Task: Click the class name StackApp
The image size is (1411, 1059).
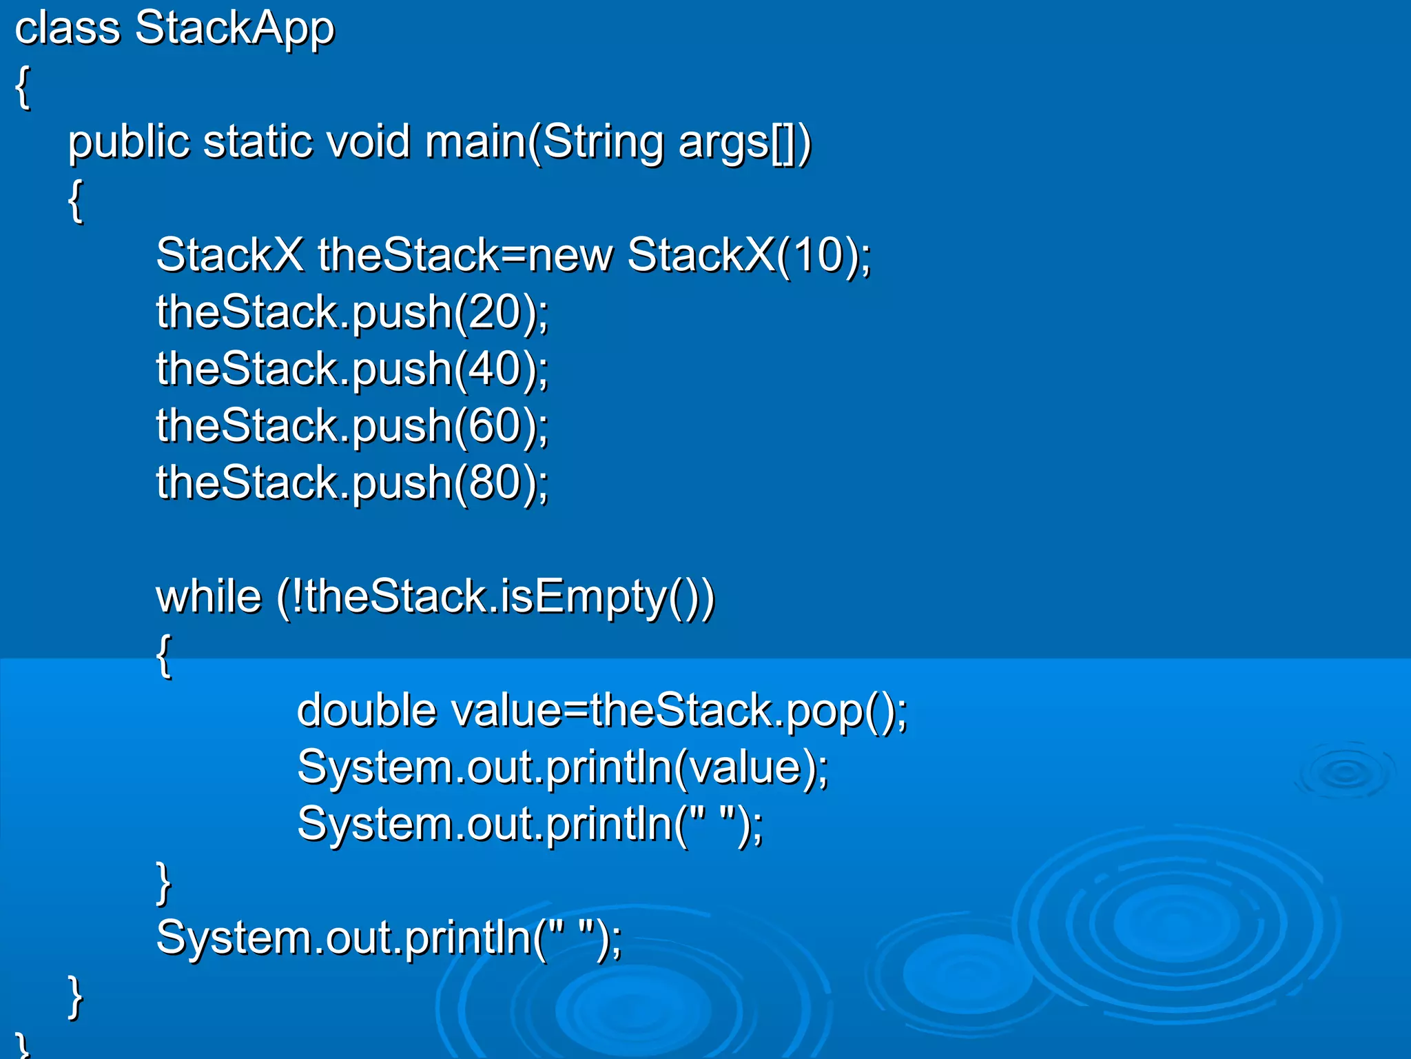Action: pyautogui.click(x=234, y=29)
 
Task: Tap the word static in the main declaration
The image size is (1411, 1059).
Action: pyautogui.click(x=258, y=142)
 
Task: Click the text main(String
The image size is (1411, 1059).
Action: pyautogui.click(x=544, y=142)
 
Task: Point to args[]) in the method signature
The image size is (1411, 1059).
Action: pyautogui.click(x=744, y=143)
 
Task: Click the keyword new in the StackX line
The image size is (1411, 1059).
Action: pyautogui.click(x=570, y=255)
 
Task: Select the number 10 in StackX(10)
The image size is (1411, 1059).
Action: pyautogui.click(x=818, y=255)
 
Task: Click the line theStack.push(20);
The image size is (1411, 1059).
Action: pyautogui.click(x=352, y=312)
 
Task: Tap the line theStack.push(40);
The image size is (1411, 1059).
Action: pyautogui.click(x=352, y=369)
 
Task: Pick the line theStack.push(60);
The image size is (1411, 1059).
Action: pyautogui.click(x=352, y=425)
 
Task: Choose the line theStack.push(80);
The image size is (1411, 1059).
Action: pyautogui.click(x=352, y=482)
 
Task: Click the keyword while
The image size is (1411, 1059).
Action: pyautogui.click(x=209, y=596)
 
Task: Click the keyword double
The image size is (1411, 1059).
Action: pyautogui.click(x=367, y=710)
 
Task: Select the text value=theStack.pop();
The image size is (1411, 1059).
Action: pyautogui.click(x=679, y=711)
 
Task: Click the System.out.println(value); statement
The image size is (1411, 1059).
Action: pyautogui.click(x=562, y=767)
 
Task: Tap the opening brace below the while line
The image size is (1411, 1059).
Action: pyautogui.click(x=164, y=656)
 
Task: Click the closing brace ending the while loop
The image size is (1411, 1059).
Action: pyautogui.click(x=164, y=882)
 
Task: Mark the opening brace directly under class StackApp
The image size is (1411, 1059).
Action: pyautogui.click(x=23, y=87)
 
